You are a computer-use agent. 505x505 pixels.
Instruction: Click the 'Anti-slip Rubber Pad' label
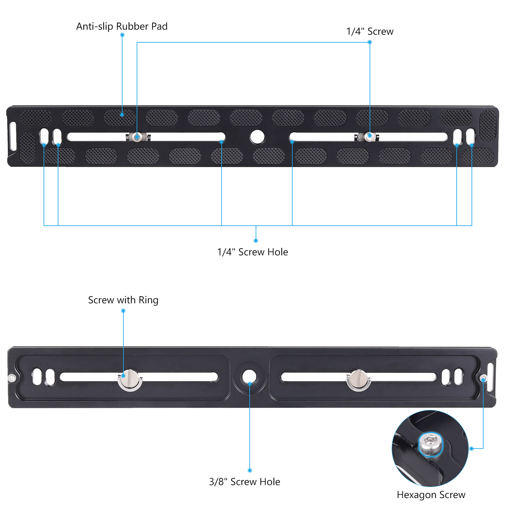click(122, 26)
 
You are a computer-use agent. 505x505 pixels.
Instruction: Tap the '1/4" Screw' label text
click(370, 32)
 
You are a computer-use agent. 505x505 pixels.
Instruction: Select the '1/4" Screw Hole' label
click(252, 252)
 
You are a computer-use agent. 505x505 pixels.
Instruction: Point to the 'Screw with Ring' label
click(123, 300)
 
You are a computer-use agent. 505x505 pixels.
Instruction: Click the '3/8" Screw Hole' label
click(245, 482)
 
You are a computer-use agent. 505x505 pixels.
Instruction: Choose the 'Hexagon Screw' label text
click(431, 495)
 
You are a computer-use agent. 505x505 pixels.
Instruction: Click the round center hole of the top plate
click(257, 137)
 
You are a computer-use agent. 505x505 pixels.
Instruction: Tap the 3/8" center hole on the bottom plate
click(249, 377)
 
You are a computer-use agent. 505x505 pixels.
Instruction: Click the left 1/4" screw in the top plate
click(137, 137)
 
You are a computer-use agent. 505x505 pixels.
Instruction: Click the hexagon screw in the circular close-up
click(430, 443)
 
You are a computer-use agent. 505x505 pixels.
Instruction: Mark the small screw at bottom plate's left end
click(12, 378)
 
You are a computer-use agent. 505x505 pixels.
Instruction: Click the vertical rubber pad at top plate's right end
click(488, 126)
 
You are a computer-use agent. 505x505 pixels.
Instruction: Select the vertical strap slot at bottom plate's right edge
click(490, 377)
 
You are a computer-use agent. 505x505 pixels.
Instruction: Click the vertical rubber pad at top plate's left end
click(27, 147)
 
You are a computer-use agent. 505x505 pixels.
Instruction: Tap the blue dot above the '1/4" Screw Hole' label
click(256, 241)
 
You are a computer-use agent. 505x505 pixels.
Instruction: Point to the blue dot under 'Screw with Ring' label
click(123, 311)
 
